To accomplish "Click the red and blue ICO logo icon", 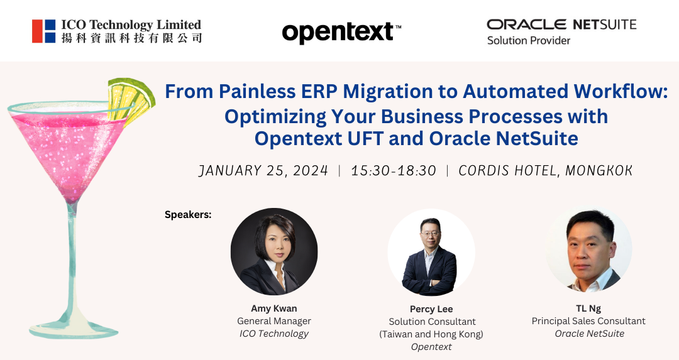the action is pyautogui.click(x=44, y=31).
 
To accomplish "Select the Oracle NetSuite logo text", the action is pyautogui.click(x=561, y=25).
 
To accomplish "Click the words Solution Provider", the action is pyautogui.click(x=528, y=40).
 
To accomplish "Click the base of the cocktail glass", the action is pyautogui.click(x=74, y=327).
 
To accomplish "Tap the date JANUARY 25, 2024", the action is pyautogui.click(x=263, y=170).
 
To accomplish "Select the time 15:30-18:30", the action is pyautogui.click(x=393, y=170).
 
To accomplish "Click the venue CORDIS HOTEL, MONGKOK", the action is pyautogui.click(x=546, y=170).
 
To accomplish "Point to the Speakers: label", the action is pyautogui.click(x=188, y=215).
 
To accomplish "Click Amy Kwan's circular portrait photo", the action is pyautogui.click(x=274, y=251).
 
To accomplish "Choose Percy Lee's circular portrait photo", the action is pyautogui.click(x=431, y=253).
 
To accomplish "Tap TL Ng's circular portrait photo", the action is pyautogui.click(x=588, y=249).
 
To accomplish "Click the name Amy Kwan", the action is pyautogui.click(x=274, y=308).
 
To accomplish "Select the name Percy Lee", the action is pyautogui.click(x=431, y=309).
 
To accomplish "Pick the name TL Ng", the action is pyautogui.click(x=588, y=308).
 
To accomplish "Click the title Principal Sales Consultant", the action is pyautogui.click(x=588, y=321).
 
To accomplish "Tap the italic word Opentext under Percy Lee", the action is pyautogui.click(x=431, y=347).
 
